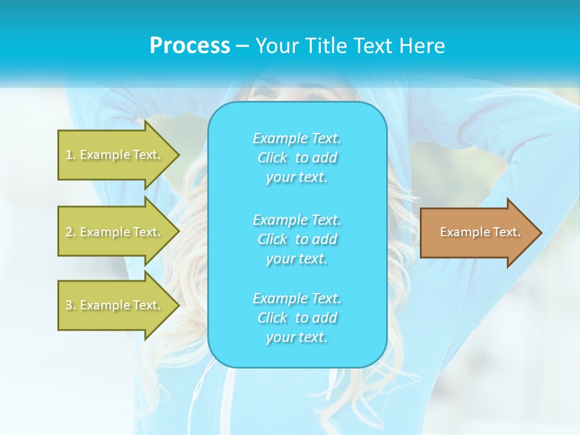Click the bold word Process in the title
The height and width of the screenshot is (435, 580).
point(190,46)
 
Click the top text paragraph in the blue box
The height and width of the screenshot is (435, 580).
point(297,158)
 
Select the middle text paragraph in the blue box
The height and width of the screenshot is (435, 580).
point(297,239)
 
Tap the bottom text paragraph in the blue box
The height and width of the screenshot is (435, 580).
point(297,318)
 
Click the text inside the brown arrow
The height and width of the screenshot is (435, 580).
point(480,232)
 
